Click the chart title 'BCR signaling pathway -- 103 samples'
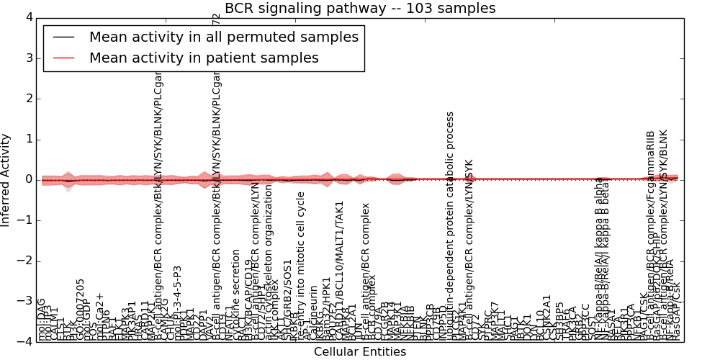tap(360, 9)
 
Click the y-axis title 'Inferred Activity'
tap(6, 179)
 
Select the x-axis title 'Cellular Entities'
tap(360, 352)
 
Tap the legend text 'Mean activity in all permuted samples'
tap(224, 37)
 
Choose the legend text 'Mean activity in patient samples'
tap(204, 58)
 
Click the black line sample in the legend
tap(63, 37)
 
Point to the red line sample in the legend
tap(63, 58)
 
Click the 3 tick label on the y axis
tap(28, 58)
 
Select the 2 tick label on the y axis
tap(28, 99)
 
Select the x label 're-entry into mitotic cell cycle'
tap(301, 266)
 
